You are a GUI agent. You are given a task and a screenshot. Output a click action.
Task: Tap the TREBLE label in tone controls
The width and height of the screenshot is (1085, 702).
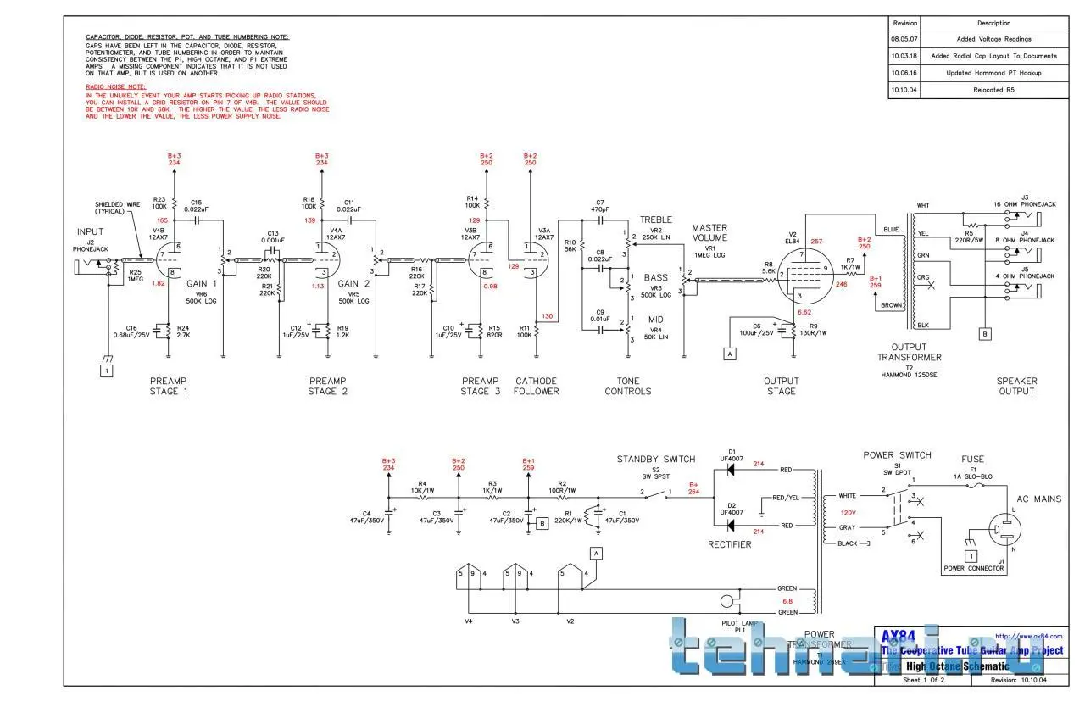656,220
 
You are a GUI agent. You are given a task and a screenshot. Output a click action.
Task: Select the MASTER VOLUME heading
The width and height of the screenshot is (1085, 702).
709,233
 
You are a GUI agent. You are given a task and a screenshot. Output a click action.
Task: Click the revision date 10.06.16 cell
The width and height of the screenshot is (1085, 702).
903,73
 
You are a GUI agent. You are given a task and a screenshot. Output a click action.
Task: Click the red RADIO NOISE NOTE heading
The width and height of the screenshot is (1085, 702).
115,87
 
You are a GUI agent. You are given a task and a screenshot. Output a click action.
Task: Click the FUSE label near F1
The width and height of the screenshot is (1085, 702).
973,459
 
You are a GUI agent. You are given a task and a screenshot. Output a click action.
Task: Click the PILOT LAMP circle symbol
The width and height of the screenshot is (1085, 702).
726,602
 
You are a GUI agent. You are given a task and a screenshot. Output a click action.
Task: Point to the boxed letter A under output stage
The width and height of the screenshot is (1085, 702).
729,354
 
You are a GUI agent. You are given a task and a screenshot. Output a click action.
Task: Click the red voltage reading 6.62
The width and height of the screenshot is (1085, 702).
805,312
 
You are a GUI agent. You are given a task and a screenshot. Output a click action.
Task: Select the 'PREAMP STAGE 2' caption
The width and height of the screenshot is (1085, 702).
327,386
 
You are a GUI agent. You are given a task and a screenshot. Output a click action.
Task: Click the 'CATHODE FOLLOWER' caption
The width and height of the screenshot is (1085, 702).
537,386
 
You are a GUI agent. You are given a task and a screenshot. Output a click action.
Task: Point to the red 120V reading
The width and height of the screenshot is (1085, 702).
847,513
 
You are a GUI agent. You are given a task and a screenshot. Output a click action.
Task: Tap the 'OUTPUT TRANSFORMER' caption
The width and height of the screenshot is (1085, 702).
910,352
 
